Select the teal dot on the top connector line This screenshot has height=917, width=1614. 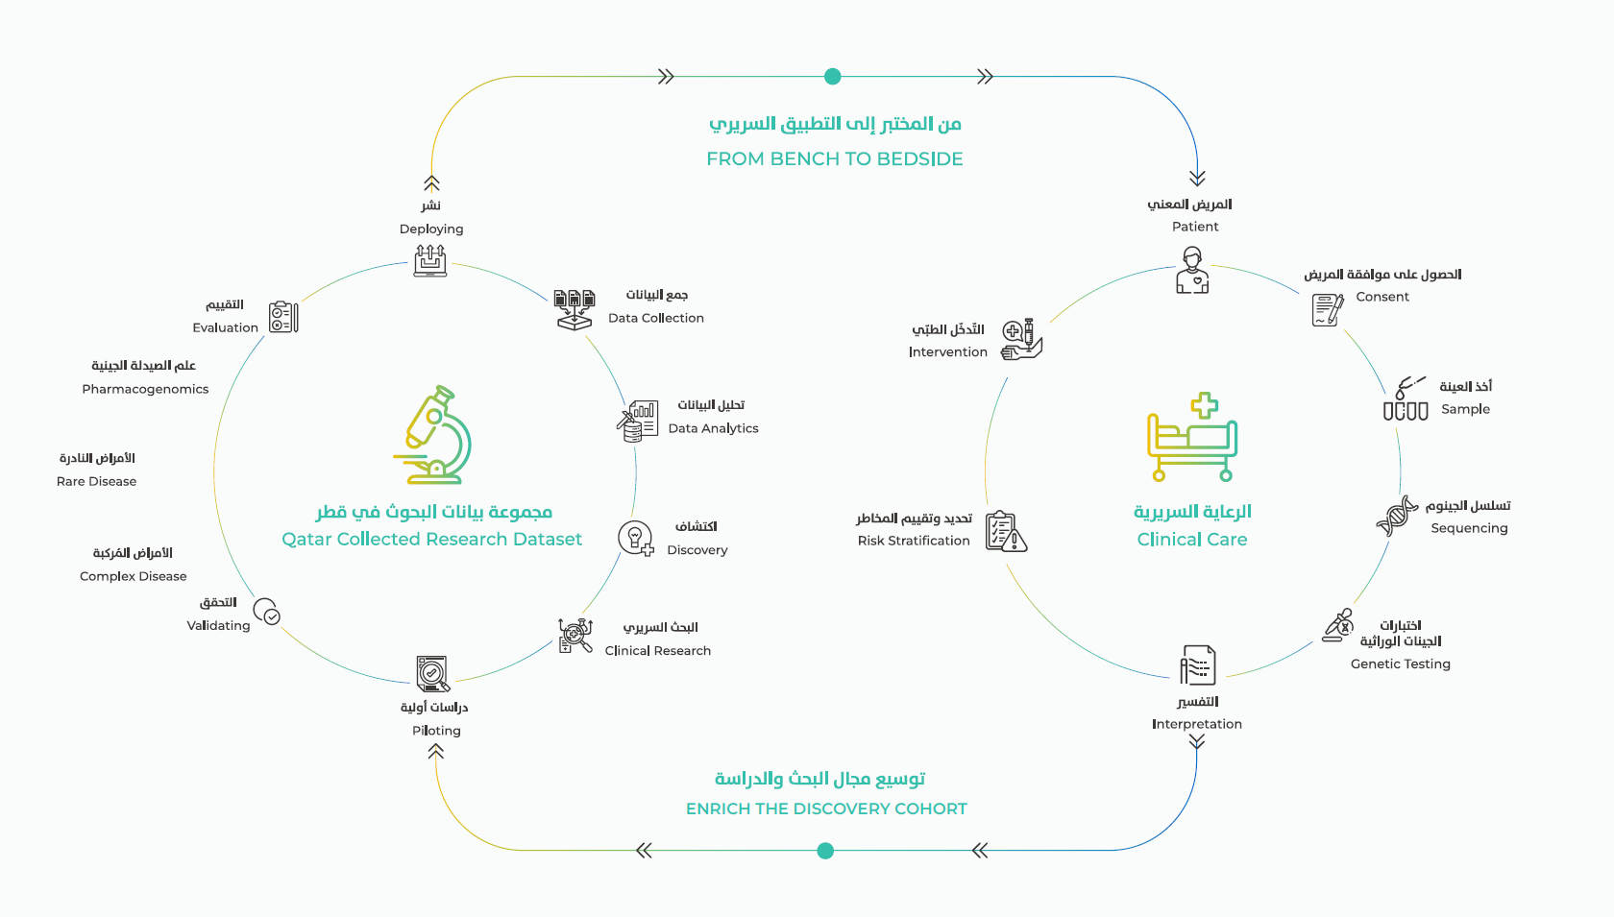pos(833,77)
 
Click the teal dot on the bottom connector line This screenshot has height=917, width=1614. pos(825,851)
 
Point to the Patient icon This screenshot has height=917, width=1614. pos(1192,270)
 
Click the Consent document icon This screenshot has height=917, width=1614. pos(1327,309)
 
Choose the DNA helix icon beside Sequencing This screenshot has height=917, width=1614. pos(1397,516)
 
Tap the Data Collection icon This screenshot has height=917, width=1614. pos(575,309)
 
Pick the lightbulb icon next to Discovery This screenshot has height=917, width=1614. pos(636,538)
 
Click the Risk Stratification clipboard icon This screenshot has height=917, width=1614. pos(1006,531)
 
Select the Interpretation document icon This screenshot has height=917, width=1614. pos(1197,664)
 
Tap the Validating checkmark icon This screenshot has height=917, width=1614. pos(266,612)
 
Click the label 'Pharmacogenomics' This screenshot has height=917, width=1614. pos(145,389)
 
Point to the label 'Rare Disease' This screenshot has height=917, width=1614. pos(96,481)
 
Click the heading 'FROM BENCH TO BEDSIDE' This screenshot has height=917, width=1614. pos(834,158)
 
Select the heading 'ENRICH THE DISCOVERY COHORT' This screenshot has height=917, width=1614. pos(826,808)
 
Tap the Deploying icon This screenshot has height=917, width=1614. pos(430,260)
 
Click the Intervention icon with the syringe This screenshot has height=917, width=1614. pos(1021,340)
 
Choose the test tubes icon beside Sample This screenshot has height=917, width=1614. pos(1406,400)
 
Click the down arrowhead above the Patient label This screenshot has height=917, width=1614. pos(1197,179)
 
